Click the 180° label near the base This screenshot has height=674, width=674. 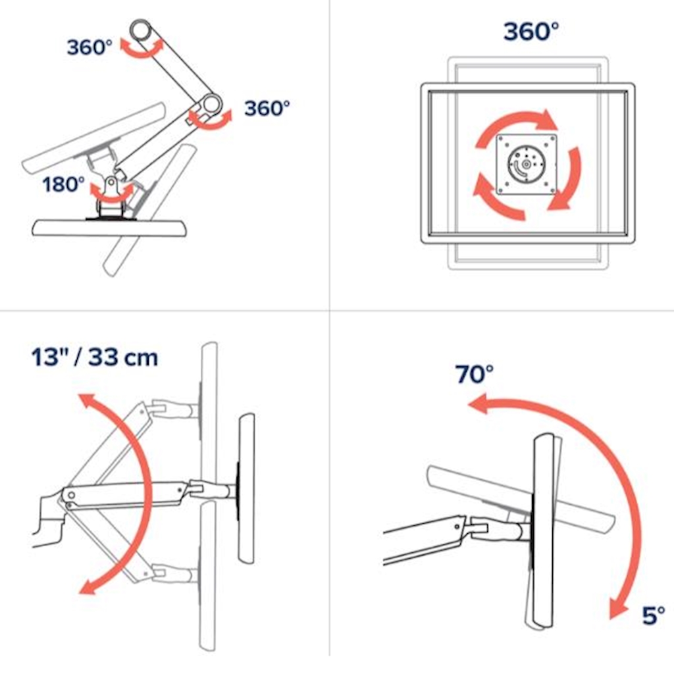coord(64,184)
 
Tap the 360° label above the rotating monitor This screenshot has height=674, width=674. coord(531,32)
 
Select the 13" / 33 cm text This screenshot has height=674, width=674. coord(95,357)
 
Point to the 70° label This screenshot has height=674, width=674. coord(474,374)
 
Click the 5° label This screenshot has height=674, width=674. coord(653,615)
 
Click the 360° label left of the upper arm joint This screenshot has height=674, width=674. coord(90,47)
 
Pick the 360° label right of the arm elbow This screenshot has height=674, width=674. coord(267,109)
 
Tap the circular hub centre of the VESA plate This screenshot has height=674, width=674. coord(526,164)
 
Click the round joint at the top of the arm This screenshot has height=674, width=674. coord(141,31)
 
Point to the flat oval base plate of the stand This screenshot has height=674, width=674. coord(110,228)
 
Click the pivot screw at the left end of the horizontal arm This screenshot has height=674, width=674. coord(71,496)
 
